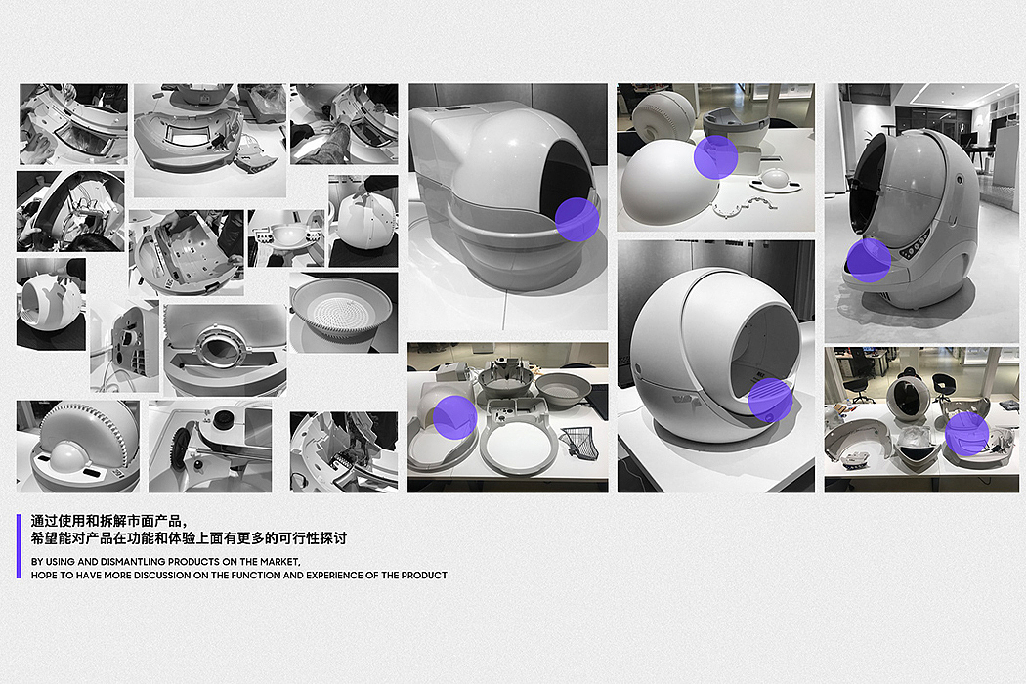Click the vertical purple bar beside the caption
pyautogui.click(x=19, y=546)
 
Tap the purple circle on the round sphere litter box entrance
pyautogui.click(x=770, y=400)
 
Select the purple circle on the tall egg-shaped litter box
pyautogui.click(x=869, y=261)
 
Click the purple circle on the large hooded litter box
pyautogui.click(x=577, y=219)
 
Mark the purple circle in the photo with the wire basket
pyautogui.click(x=454, y=417)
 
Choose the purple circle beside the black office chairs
pyautogui.click(x=966, y=433)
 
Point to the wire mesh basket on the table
pyautogui.click(x=578, y=442)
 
